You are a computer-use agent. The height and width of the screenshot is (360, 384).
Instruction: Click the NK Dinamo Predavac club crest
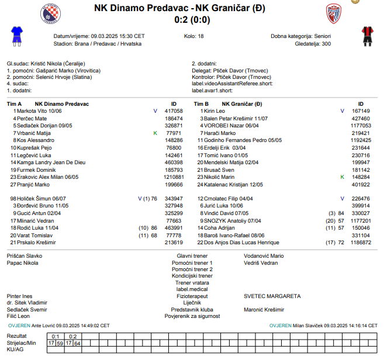pos(50,13)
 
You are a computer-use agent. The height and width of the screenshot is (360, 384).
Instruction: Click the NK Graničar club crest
pos(334,13)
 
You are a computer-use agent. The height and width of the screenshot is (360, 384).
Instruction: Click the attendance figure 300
pos(326,43)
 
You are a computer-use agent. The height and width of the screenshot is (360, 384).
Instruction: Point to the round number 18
pos(201,36)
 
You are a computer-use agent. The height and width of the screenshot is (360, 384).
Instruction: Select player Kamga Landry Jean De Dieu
pos(51,162)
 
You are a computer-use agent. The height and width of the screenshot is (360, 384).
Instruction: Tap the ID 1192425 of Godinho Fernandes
pos(361,140)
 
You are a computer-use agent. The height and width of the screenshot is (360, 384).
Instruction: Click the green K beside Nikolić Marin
pos(342,176)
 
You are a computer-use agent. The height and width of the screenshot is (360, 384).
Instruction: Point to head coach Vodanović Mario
pos(264,256)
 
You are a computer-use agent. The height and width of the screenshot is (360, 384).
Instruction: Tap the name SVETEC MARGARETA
pos(272,296)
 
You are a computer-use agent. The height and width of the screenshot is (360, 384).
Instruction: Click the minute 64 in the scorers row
pos(77,343)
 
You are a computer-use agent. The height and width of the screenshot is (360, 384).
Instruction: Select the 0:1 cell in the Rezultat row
pos(56,336)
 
